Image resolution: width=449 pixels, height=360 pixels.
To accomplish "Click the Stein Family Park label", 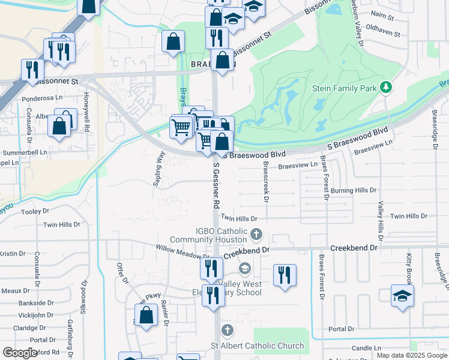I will pyautogui.click(x=344, y=88).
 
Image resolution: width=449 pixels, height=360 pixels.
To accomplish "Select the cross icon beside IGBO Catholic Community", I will pyautogui.click(x=256, y=233).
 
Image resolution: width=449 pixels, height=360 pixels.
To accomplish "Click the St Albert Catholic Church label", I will pyautogui.click(x=257, y=346).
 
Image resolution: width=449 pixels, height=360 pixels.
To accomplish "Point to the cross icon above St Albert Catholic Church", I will pyautogui.click(x=227, y=330).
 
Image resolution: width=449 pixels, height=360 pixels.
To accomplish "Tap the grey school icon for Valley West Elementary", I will pyautogui.click(x=244, y=268).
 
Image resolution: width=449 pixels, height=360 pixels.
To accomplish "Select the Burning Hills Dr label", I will pyautogui.click(x=353, y=190).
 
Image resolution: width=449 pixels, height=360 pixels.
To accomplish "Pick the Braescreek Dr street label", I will pyautogui.click(x=265, y=183).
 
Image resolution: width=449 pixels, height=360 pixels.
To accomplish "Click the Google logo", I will pyautogui.click(x=19, y=353).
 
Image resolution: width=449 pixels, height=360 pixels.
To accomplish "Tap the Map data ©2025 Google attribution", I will pyautogui.click(x=412, y=355).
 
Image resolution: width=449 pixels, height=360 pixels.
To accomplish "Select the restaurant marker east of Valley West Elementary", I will pyautogui.click(x=285, y=275).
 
